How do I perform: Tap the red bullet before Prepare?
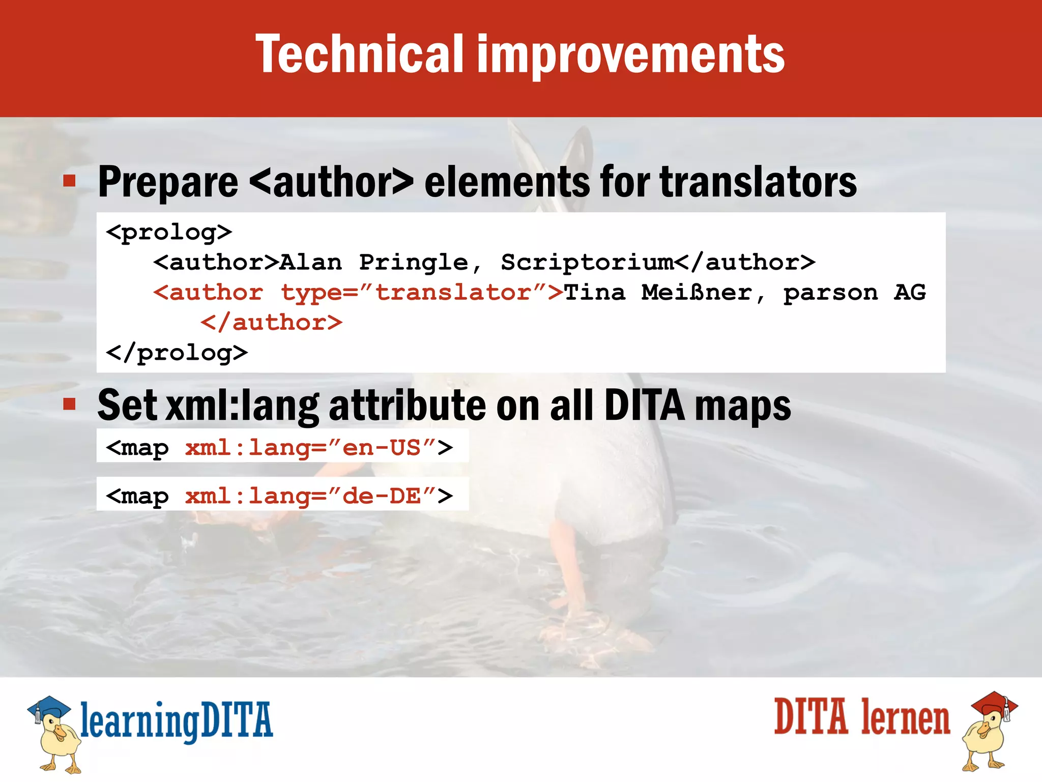point(70,181)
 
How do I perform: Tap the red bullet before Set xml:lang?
point(70,404)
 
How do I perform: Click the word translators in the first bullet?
point(758,182)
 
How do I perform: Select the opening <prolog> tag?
point(169,233)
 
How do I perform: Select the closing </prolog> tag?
point(177,353)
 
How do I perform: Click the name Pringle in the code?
point(413,263)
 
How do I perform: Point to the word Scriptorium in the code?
point(587,263)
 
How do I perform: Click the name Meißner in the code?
point(696,293)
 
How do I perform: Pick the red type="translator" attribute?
point(413,293)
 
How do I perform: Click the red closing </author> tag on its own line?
point(272,323)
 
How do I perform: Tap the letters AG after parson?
point(910,293)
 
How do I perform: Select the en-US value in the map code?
point(382,448)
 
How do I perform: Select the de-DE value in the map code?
point(382,496)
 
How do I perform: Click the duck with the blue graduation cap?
point(54,733)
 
